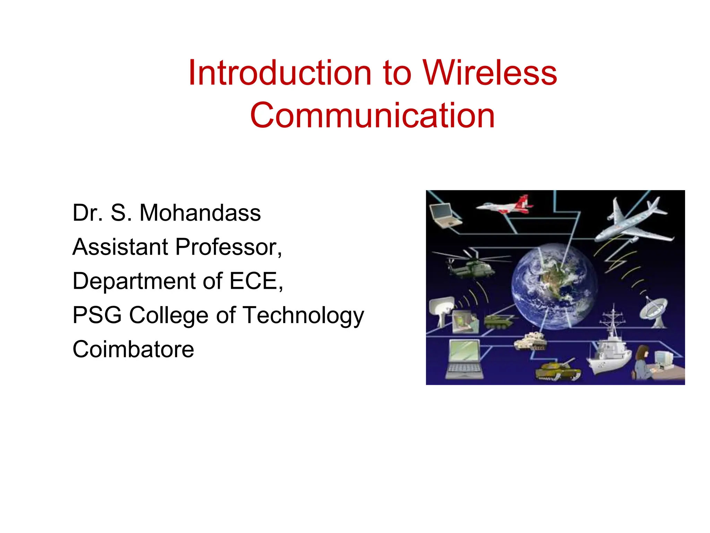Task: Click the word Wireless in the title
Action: (x=490, y=73)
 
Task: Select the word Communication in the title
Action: (x=372, y=116)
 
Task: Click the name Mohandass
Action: (x=200, y=213)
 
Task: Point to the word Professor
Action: (x=228, y=247)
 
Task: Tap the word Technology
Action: (x=303, y=315)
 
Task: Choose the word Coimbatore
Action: (x=133, y=349)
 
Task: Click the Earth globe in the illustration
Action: (x=554, y=287)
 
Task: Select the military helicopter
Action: (x=470, y=266)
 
